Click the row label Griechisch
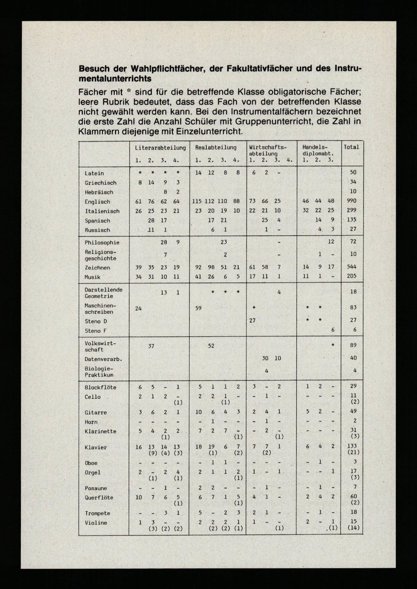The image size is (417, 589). pos(100,183)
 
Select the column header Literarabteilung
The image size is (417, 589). pos(160,148)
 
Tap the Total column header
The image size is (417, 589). pos(351,147)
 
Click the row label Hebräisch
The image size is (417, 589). pos(99,192)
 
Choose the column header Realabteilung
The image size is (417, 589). pos(216,148)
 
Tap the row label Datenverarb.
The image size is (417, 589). pos(103,359)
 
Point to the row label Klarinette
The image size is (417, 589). pos(99,431)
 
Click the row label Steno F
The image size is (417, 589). pos(95,331)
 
